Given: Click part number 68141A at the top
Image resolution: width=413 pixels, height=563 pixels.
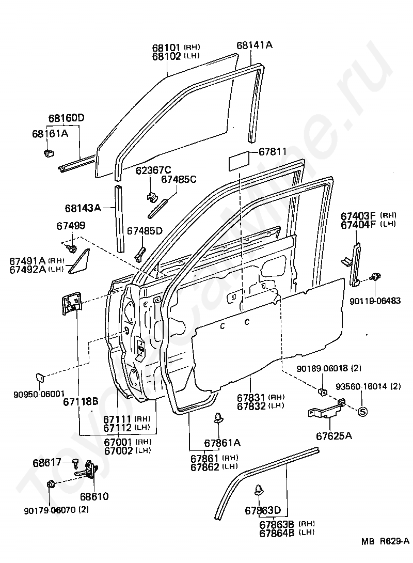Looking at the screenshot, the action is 254,45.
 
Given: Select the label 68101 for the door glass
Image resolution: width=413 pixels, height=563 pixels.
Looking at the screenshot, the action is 166,48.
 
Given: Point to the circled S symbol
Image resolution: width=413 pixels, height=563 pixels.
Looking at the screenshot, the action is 363,412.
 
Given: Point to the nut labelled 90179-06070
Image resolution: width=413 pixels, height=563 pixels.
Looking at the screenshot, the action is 51,484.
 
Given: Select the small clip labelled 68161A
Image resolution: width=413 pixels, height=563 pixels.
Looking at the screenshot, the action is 49,152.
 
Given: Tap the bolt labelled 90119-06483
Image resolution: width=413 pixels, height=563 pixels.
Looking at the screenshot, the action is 375,277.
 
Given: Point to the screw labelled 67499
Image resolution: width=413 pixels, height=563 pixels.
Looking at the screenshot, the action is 72,248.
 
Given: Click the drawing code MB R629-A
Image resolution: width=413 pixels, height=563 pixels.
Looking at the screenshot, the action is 385,541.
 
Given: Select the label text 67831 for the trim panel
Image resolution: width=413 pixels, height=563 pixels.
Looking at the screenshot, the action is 251,398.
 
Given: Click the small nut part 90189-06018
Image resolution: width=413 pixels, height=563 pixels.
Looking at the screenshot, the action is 322,390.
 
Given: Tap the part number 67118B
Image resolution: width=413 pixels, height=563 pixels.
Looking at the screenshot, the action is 81,401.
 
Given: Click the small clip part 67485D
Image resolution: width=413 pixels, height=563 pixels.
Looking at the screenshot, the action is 139,253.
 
